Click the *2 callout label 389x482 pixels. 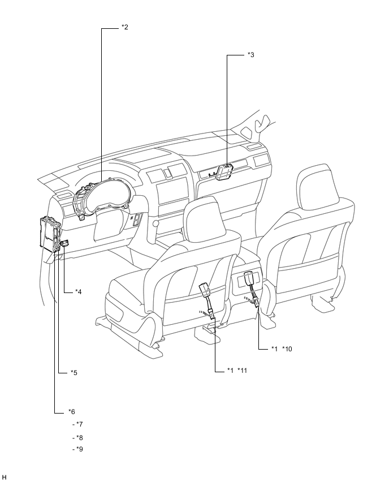124,27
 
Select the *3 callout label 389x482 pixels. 250,55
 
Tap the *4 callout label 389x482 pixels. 79,292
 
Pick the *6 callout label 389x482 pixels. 71,411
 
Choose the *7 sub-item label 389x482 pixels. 79,424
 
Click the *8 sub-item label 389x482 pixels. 79,437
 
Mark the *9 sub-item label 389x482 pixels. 79,450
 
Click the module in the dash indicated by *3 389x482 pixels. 225,170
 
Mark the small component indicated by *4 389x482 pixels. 65,243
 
